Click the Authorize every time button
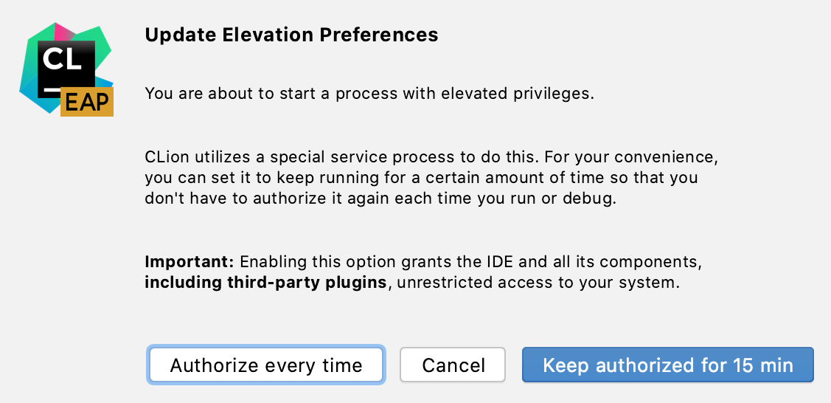pyautogui.click(x=266, y=365)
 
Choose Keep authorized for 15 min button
pyautogui.click(x=667, y=365)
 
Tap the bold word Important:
pyautogui.click(x=190, y=262)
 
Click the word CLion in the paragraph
pyautogui.click(x=164, y=159)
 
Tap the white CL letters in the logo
pyautogui.click(x=61, y=58)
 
